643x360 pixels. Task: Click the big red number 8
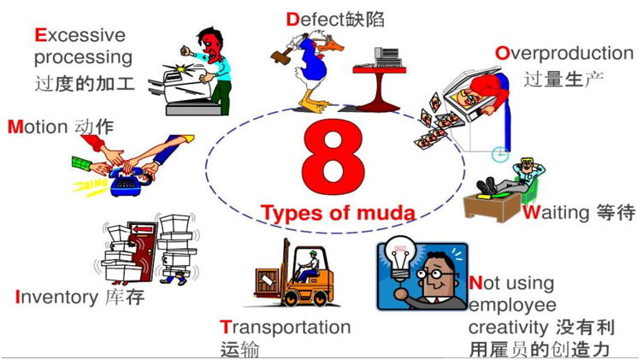(331, 156)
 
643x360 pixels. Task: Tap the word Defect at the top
(314, 18)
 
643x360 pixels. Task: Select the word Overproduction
(564, 53)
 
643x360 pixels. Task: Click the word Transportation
(286, 328)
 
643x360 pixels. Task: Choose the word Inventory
(56, 298)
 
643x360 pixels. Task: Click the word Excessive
(80, 35)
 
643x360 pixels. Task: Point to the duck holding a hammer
(311, 68)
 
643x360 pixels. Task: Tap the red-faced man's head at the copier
(209, 41)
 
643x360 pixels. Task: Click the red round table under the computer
(377, 86)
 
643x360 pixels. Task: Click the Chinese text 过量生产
(564, 80)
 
